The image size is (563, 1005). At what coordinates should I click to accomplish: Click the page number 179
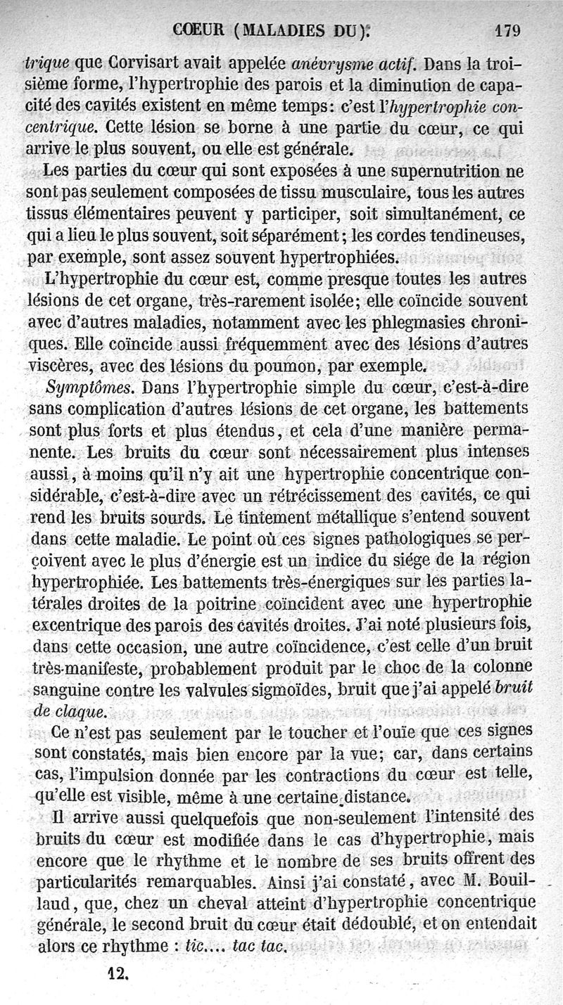click(507, 30)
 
